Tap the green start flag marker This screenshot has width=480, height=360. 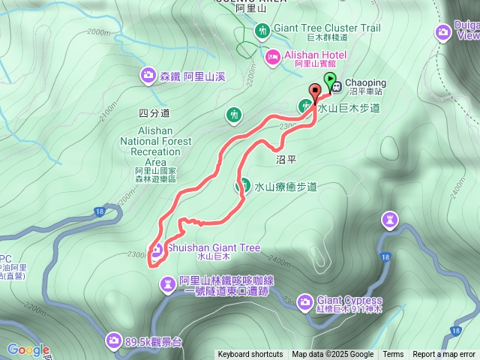pos(328,79)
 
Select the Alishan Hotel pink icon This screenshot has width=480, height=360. pos(273,56)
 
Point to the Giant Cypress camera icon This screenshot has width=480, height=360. pos(304,301)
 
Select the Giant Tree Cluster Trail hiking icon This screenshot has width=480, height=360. pos(262,30)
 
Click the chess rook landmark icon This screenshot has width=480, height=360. pos(389,220)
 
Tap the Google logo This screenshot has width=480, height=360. pos(28,349)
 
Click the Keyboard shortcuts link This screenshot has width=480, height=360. pos(250,355)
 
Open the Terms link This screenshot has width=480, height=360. pos(393,355)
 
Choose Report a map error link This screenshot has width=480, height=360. pos(444,355)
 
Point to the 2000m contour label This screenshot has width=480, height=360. pos(98,32)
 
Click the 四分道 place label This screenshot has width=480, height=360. pos(154,113)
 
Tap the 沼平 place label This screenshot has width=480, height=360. pos(286,159)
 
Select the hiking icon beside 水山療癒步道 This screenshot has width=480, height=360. pos(243,185)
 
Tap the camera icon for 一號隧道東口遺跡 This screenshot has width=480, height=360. pos(167,283)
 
